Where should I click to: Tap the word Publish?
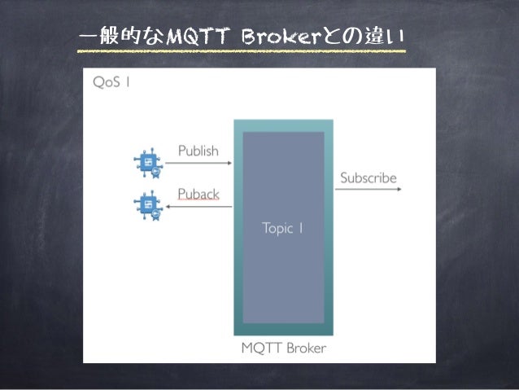coord(198,151)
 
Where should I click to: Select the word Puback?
coord(198,194)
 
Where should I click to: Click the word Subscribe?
coord(368,177)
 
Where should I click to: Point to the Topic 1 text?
coord(283,228)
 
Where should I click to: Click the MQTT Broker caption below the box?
coord(283,348)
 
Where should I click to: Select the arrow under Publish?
coord(199,163)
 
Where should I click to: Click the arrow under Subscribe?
coord(368,189)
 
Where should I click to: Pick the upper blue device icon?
coord(147,163)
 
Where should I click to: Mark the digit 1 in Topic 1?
coord(301,228)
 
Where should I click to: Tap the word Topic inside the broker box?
coord(277,228)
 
